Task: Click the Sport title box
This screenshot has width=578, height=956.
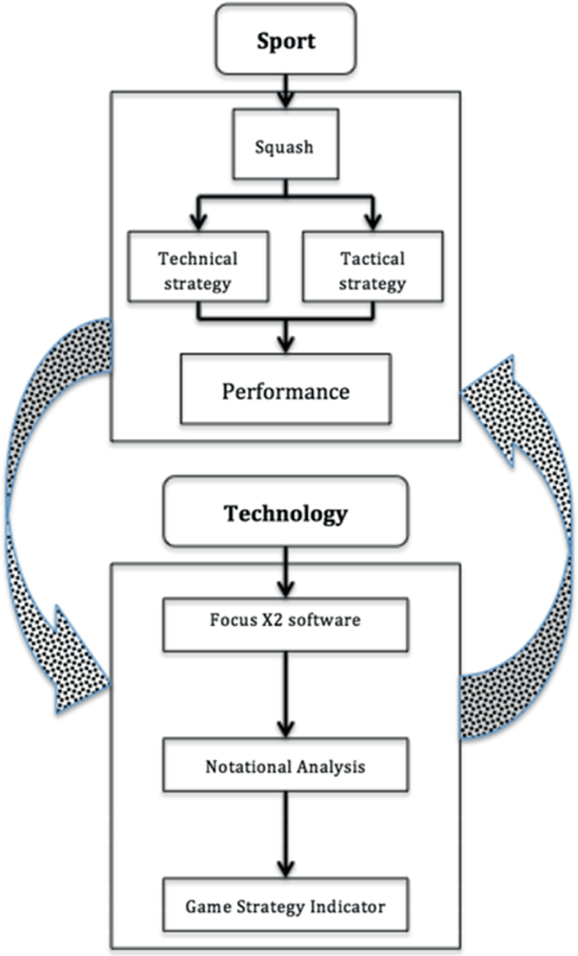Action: (287, 38)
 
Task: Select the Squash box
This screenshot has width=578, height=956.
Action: (285, 146)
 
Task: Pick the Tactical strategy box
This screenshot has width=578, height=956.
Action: (372, 270)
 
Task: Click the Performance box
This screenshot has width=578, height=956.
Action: (285, 391)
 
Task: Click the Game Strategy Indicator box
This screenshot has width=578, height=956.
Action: (285, 906)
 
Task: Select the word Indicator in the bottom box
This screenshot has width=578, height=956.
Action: (348, 906)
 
